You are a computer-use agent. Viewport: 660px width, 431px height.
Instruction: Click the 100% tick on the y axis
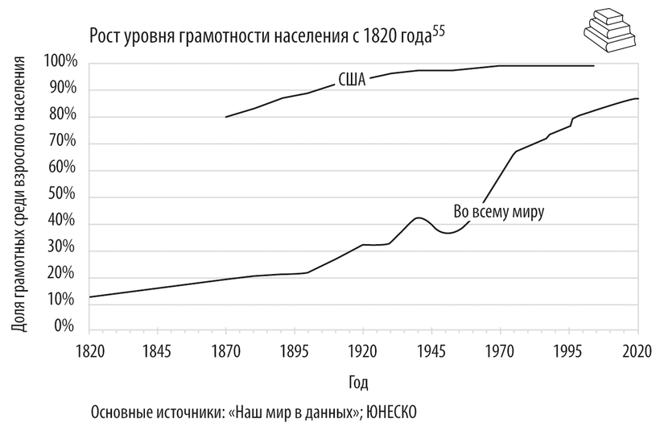[x=61, y=62]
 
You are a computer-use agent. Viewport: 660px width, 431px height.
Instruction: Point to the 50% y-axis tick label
[x=64, y=196]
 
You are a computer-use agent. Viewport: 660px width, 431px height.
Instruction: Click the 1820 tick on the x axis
[x=89, y=351]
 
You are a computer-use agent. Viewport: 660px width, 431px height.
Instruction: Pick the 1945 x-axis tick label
[x=432, y=351]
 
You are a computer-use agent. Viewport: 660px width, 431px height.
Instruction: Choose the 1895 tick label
[x=295, y=351]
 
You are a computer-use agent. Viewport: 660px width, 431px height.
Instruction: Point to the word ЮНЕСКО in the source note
[x=393, y=411]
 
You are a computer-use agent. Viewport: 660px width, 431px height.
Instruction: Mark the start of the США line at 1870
[x=226, y=117]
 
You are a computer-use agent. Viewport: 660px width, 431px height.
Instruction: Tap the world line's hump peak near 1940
[x=418, y=218]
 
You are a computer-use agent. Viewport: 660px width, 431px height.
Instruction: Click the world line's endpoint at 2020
[x=637, y=98]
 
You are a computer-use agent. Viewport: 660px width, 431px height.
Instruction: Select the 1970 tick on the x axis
[x=501, y=351]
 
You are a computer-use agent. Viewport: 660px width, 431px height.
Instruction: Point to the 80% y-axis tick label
[x=64, y=116]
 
